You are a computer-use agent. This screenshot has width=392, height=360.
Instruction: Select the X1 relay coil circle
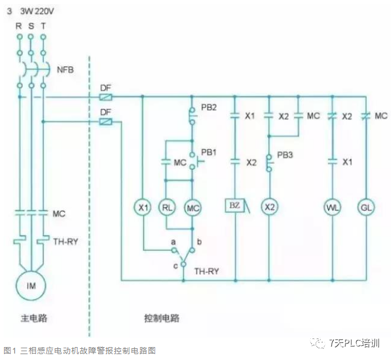pyautogui.click(x=142, y=207)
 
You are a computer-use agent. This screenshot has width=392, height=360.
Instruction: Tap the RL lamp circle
pyautogui.click(x=167, y=207)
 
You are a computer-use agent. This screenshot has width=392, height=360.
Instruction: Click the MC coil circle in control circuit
pyautogui.click(x=193, y=207)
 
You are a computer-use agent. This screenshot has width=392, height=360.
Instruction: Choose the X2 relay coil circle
pyautogui.click(x=269, y=207)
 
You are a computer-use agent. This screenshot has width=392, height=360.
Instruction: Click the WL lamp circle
pyautogui.click(x=333, y=207)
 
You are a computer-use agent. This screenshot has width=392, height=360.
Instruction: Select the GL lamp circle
pyautogui.click(x=366, y=207)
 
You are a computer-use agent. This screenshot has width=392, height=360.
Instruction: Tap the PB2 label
pyautogui.click(x=209, y=107)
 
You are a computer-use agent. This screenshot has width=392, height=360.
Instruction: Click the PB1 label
pyautogui.click(x=209, y=152)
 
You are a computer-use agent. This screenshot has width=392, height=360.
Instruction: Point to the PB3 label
pyautogui.click(x=285, y=156)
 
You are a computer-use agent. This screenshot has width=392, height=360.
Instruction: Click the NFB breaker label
pyautogui.click(x=65, y=70)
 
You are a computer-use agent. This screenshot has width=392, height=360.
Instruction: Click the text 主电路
pyautogui.click(x=33, y=319)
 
